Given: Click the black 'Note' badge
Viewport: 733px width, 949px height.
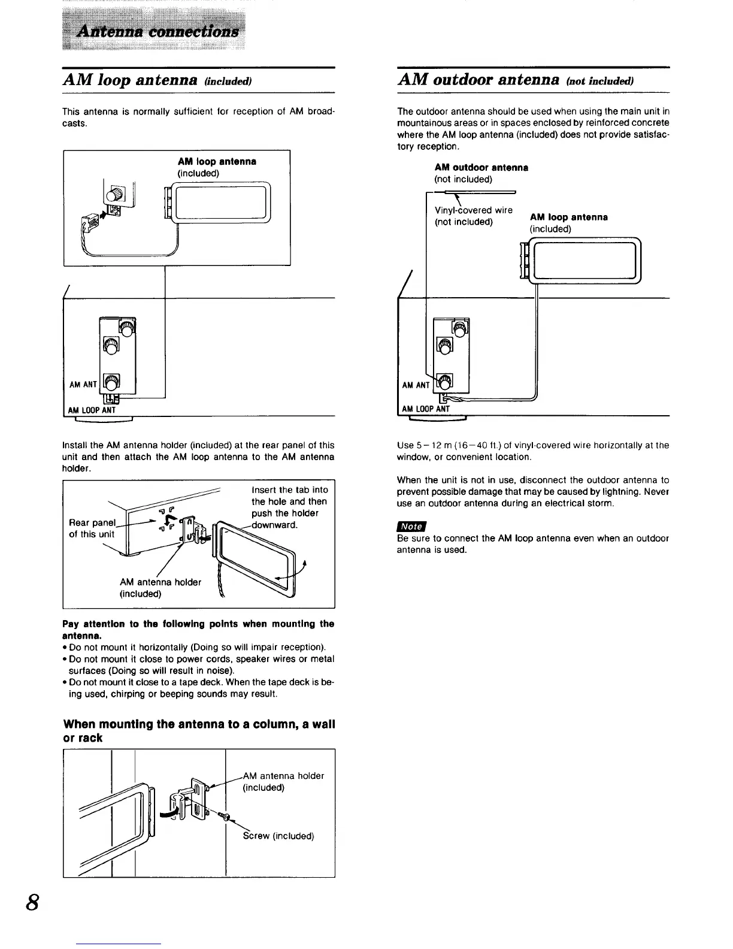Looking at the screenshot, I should click(411, 526).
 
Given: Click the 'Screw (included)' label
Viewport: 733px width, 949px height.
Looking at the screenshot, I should click(278, 836).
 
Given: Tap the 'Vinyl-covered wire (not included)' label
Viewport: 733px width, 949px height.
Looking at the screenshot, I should click(473, 216).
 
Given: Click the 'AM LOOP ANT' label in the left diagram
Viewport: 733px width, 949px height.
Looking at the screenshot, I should click(92, 410).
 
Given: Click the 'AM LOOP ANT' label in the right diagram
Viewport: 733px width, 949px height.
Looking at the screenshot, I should click(426, 409).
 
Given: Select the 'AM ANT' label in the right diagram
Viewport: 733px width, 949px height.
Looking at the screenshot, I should click(416, 385).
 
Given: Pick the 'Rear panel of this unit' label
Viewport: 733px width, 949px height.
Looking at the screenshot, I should click(92, 528).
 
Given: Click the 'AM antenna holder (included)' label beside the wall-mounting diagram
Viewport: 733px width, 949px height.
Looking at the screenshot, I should click(283, 781).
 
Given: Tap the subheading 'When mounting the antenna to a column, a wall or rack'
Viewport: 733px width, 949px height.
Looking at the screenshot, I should click(199, 731).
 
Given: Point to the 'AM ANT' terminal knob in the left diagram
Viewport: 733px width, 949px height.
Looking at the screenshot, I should click(112, 381).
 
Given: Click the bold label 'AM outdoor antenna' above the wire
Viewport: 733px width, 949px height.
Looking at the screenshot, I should click(481, 167).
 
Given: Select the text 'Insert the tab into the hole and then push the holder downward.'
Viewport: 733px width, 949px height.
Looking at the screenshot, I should click(290, 507).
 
